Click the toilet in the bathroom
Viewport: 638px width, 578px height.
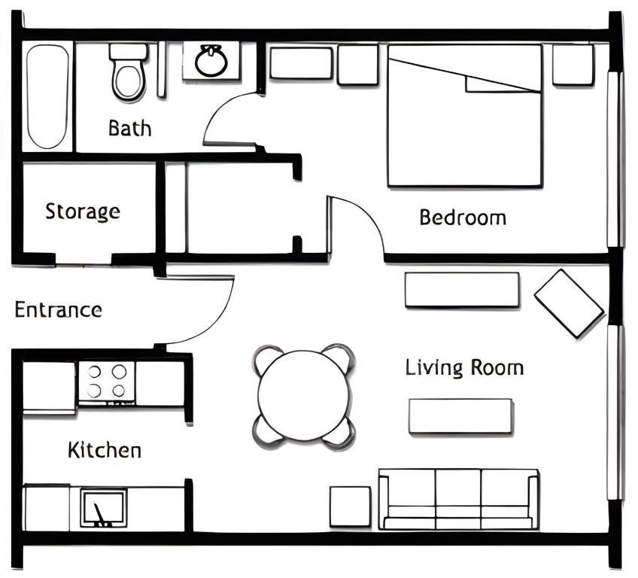128,72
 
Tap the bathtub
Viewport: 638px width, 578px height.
47,96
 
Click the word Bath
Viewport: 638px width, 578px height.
130,128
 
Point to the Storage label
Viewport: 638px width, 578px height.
83,211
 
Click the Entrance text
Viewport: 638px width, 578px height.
58,310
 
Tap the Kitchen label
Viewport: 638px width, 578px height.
105,450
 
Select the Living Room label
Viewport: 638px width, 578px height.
464,368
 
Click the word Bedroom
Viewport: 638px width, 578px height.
463,218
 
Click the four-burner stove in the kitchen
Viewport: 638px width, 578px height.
107,382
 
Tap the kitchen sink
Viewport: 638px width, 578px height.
103,509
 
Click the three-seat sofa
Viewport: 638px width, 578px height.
459,500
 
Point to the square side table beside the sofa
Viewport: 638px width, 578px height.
350,507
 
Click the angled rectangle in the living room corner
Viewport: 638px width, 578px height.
570,303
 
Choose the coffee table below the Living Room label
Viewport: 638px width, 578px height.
460,416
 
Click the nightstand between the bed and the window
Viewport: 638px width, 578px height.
573,64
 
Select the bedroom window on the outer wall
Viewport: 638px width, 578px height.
615,159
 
